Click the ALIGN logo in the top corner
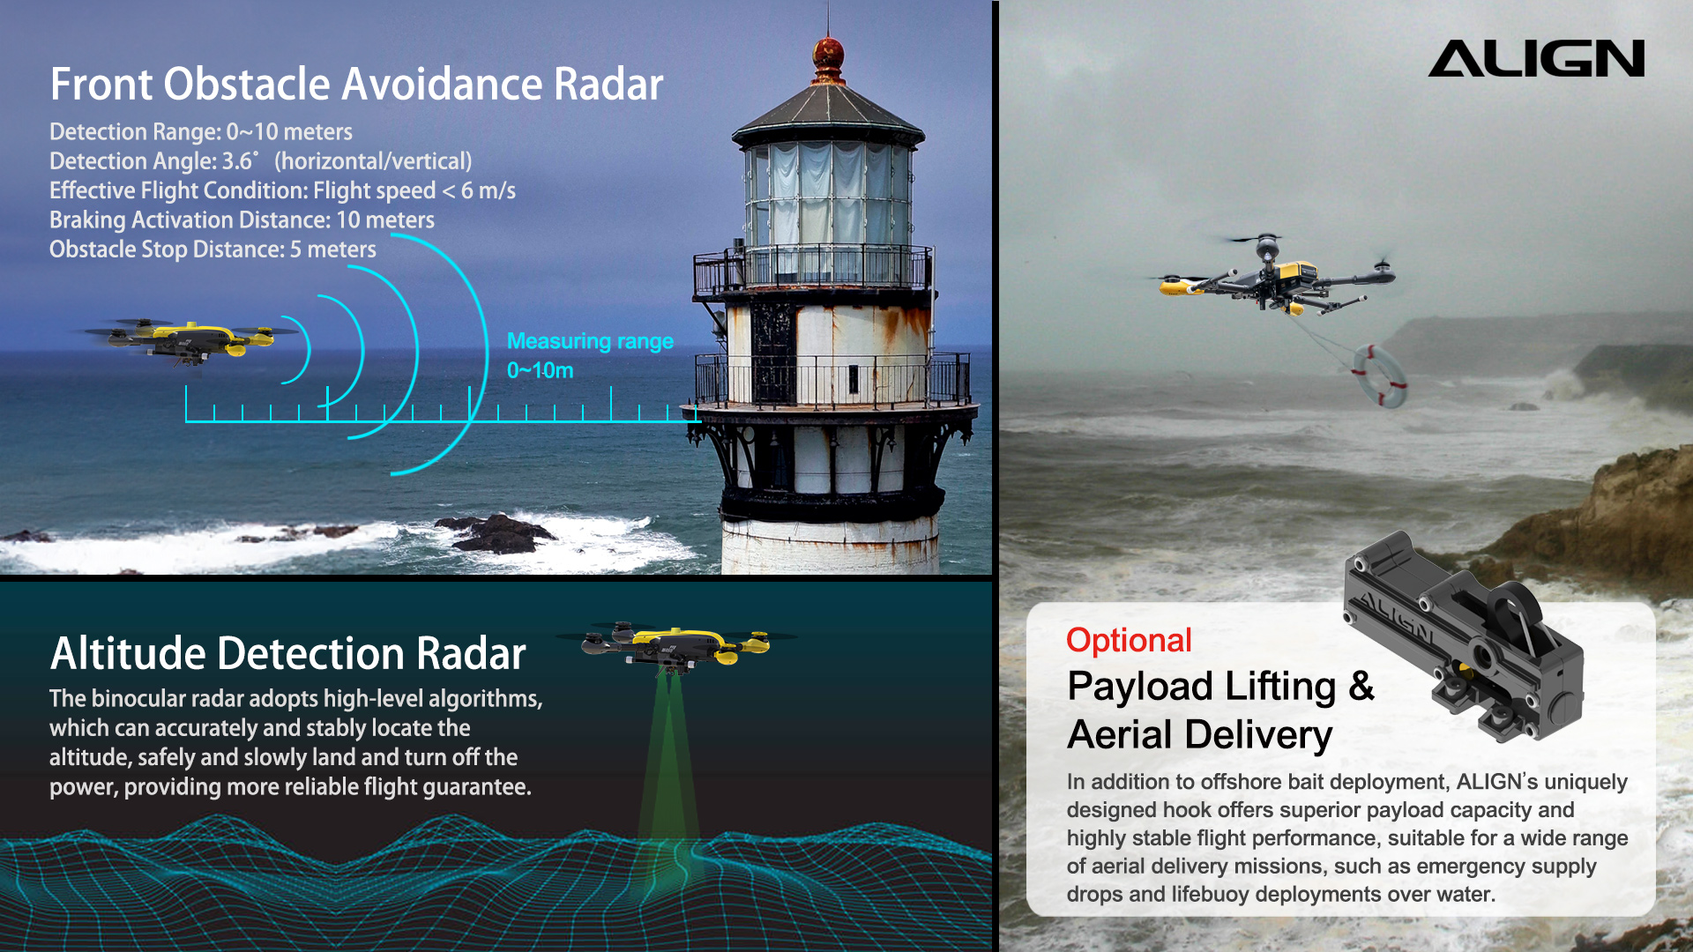point(1536,58)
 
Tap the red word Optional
point(1129,641)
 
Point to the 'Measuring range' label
point(590,341)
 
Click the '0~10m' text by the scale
point(540,370)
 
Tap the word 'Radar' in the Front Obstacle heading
point(608,85)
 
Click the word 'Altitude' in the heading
point(129,653)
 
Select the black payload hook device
point(1463,635)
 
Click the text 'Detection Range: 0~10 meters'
point(201,132)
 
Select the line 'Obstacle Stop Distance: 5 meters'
point(213,249)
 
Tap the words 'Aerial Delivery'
point(1200,735)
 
